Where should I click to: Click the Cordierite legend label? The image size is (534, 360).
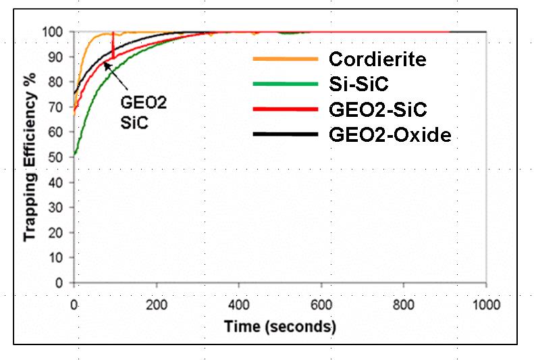pos(377,59)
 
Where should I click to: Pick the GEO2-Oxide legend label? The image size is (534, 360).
pos(390,134)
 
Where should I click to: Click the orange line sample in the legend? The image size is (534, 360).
pos(285,59)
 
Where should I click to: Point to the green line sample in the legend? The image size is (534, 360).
pos(285,84)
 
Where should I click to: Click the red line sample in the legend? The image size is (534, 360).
pos(285,109)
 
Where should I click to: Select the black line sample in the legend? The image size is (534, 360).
pos(285,134)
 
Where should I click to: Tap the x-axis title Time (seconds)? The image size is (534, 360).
pos(279,328)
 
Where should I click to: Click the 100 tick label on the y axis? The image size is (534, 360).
pos(56,32)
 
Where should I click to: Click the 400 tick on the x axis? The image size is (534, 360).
pos(238,305)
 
